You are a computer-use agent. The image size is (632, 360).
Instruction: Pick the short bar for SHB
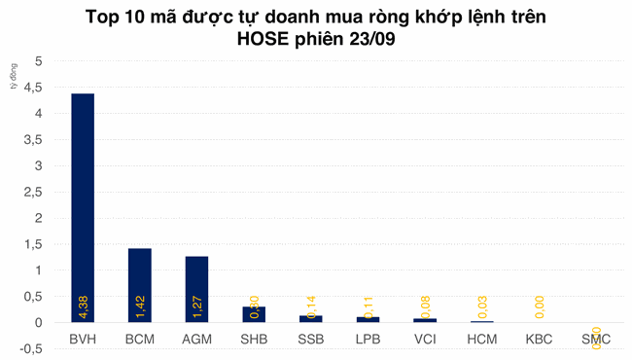(254, 314)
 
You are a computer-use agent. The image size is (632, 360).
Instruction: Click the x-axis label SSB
(310, 339)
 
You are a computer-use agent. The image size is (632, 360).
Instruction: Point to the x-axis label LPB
(368, 339)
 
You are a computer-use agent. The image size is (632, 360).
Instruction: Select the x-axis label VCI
(424, 339)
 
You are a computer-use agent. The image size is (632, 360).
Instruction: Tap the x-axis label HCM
(481, 339)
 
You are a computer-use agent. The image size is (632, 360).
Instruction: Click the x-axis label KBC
(539, 339)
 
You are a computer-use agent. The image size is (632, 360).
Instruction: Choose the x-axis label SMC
(595, 339)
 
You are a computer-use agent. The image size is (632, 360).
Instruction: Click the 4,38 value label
(84, 306)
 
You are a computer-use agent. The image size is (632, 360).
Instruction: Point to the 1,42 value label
(140, 306)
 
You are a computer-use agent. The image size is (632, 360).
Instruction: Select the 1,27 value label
(197, 306)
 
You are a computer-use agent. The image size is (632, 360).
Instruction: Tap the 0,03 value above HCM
(482, 306)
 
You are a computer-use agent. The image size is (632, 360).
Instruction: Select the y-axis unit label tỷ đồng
(14, 76)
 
